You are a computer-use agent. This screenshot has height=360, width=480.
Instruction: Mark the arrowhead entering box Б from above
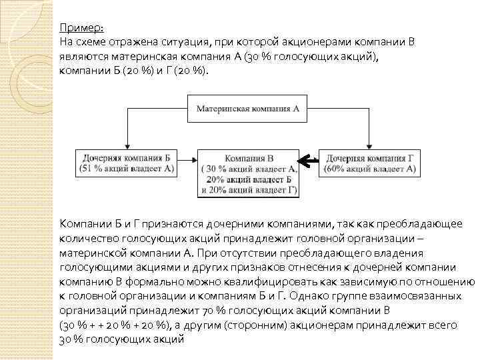[125, 147]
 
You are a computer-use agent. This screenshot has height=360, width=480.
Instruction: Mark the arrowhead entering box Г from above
[369, 147]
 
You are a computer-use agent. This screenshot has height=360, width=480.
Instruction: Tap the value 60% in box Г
[339, 170]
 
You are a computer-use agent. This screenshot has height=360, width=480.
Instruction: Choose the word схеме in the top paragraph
[93, 42]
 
